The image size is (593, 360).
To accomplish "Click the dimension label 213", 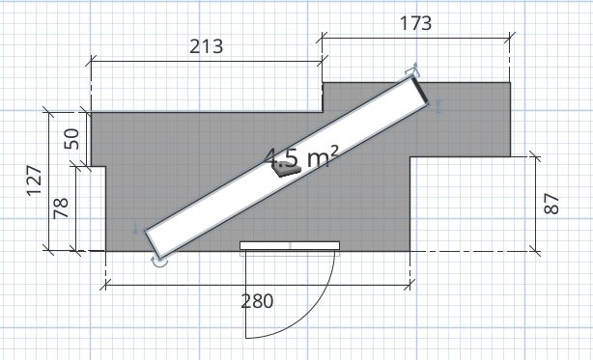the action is [206, 46].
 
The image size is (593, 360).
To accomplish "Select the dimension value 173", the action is [415, 23].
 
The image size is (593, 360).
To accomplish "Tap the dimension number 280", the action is [257, 301].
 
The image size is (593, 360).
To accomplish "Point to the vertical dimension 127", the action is [34, 180].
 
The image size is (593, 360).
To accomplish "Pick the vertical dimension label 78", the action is [61, 208].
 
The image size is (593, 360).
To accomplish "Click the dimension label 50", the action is [71, 139].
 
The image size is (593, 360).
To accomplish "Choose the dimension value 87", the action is [551, 204].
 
